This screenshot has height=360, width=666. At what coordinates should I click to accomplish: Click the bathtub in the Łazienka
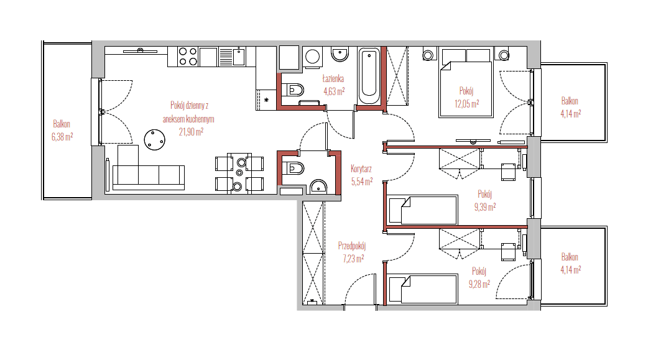(x=369, y=76)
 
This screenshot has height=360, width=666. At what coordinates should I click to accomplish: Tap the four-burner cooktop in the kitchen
(x=188, y=57)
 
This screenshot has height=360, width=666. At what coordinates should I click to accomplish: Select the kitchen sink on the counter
(x=232, y=57)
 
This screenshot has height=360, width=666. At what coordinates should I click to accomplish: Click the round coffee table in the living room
(x=155, y=140)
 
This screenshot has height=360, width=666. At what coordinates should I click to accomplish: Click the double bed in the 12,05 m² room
(x=466, y=82)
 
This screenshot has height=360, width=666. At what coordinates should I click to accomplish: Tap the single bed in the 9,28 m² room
(x=423, y=289)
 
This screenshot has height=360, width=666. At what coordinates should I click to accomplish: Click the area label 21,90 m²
(x=191, y=132)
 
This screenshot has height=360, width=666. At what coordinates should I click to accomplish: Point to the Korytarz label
(x=361, y=169)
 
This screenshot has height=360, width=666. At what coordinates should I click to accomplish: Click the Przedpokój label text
(x=352, y=246)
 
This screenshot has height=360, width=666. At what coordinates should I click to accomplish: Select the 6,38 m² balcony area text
(x=62, y=137)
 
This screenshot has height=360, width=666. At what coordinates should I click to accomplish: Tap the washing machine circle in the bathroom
(x=313, y=57)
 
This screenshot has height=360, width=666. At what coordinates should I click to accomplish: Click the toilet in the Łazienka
(x=294, y=90)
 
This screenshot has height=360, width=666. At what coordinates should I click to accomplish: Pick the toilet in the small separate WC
(x=294, y=168)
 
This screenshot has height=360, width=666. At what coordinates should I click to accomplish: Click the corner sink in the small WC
(x=319, y=187)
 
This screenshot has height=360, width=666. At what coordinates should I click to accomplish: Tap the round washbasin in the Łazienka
(x=340, y=54)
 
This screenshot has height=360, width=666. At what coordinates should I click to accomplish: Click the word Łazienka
(x=333, y=78)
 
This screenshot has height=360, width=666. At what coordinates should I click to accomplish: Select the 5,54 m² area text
(x=362, y=182)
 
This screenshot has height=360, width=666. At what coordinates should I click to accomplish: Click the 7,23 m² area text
(x=353, y=259)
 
